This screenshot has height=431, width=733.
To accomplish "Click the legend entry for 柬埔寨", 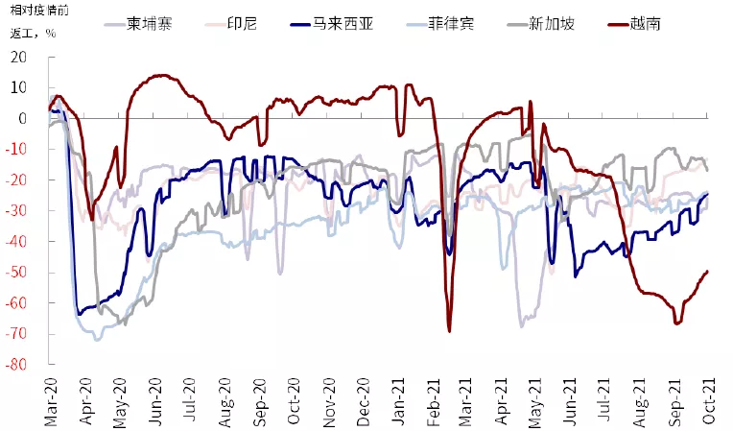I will click(x=150, y=22).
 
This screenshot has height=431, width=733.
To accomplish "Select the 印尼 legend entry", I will click(x=240, y=22).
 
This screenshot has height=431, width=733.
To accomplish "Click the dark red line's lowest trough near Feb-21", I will click(x=449, y=331).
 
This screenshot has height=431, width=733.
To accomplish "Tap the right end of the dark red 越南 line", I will click(x=708, y=271).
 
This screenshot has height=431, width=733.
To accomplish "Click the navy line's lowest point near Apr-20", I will click(x=79, y=314).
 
